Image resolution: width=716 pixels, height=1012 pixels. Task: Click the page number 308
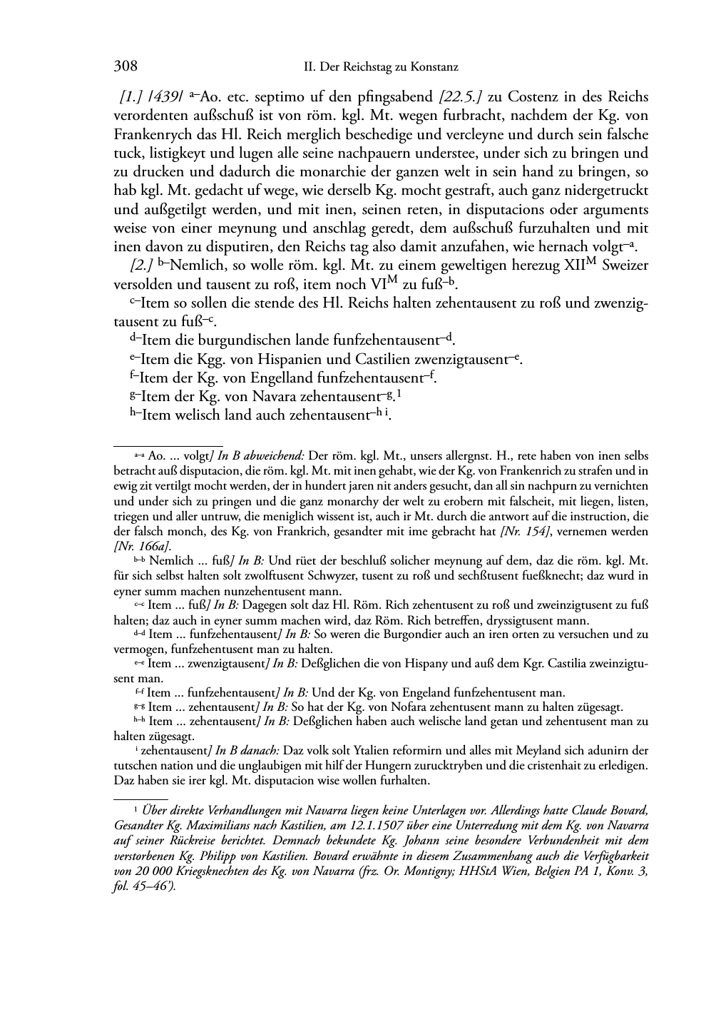click(x=126, y=67)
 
